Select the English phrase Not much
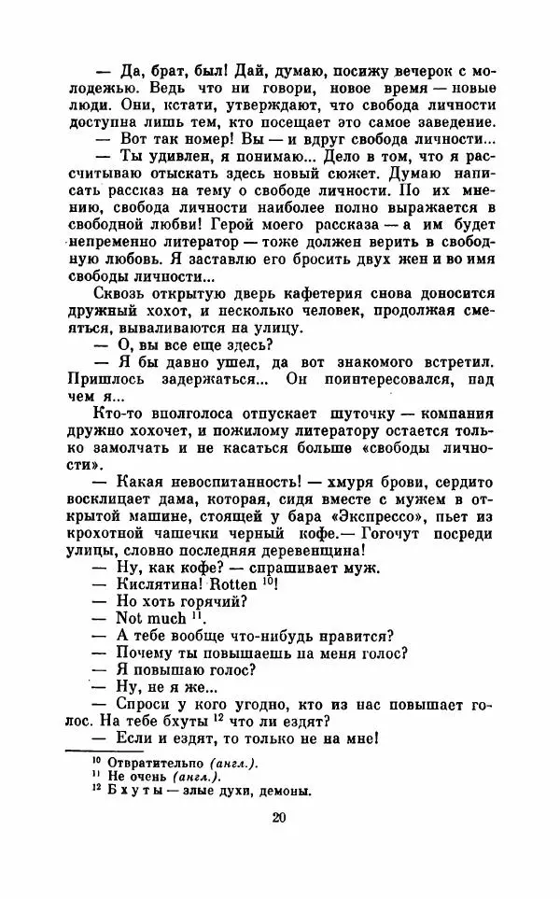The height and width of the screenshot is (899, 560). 148,619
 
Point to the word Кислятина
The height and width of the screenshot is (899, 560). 163,584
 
